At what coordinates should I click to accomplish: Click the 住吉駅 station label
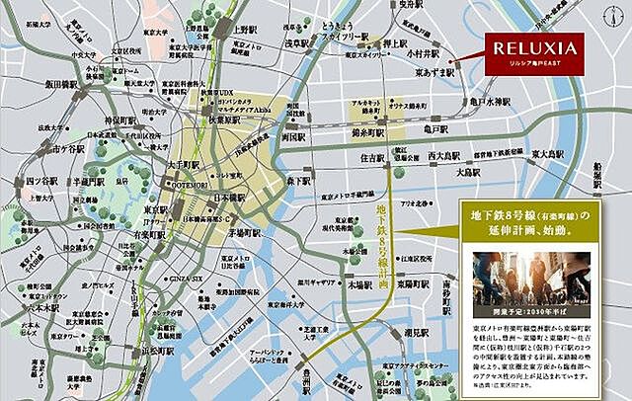click(372, 156)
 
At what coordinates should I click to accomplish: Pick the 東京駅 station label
click(154, 209)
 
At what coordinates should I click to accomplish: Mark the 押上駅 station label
click(396, 43)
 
